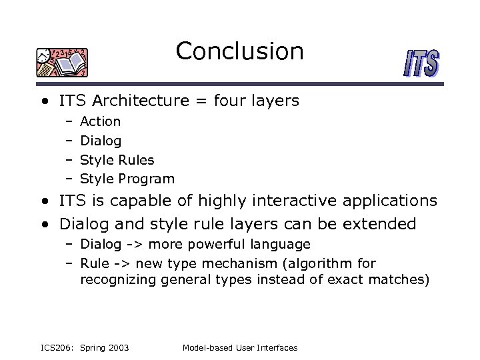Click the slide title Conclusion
239,51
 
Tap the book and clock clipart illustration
62,63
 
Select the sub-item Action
100,121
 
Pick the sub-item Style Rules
117,160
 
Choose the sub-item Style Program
127,179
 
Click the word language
283,245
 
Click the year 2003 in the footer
117,348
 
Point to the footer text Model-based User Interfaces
239,348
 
